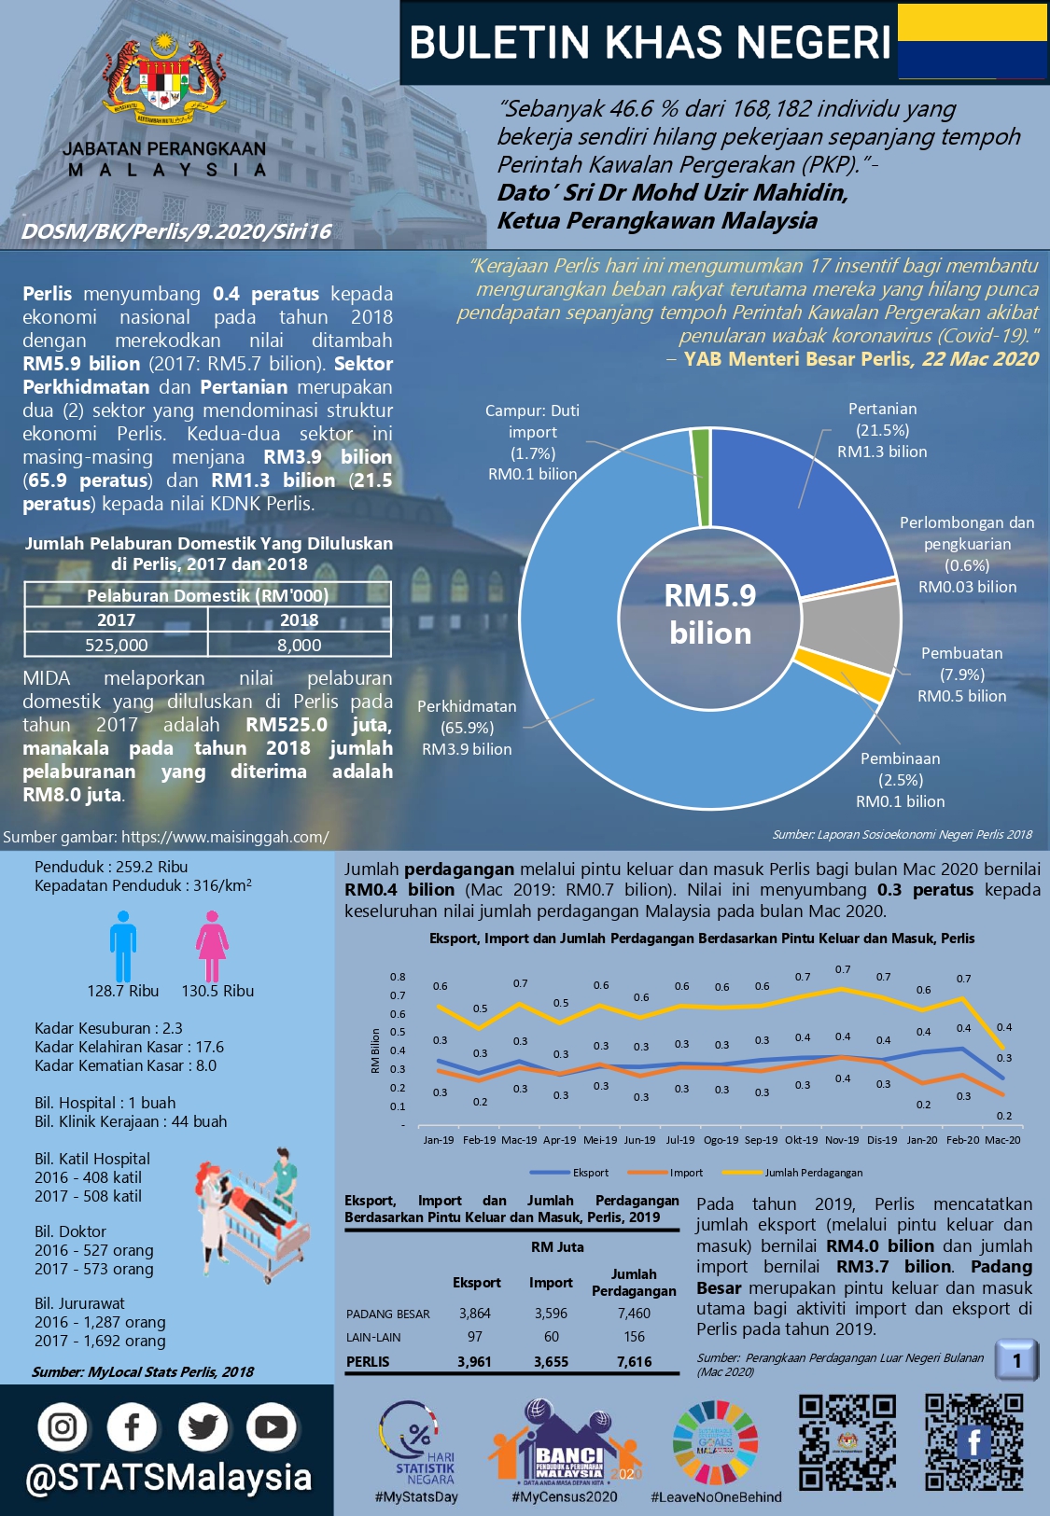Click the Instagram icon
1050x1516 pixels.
pos(63,1426)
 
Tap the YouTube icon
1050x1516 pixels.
pos(271,1426)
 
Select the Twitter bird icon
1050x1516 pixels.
pos(202,1426)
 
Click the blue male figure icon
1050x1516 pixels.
pos(123,946)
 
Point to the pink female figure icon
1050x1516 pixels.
pos(212,946)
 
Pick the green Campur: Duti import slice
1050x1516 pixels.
pos(701,476)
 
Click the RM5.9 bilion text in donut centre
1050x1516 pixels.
pos(710,615)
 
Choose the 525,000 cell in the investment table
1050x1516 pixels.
pos(116,645)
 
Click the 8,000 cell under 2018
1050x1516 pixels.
pos(299,645)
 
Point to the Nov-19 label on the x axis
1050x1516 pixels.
pos(842,1139)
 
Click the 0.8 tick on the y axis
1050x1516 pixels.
pos(398,977)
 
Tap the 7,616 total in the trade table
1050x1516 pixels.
pos(634,1362)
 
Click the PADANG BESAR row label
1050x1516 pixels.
pos(388,1314)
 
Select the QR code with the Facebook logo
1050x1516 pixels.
pos(973,1441)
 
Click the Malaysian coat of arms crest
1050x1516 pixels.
pos(164,82)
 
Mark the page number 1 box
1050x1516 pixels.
pos(1016,1360)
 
